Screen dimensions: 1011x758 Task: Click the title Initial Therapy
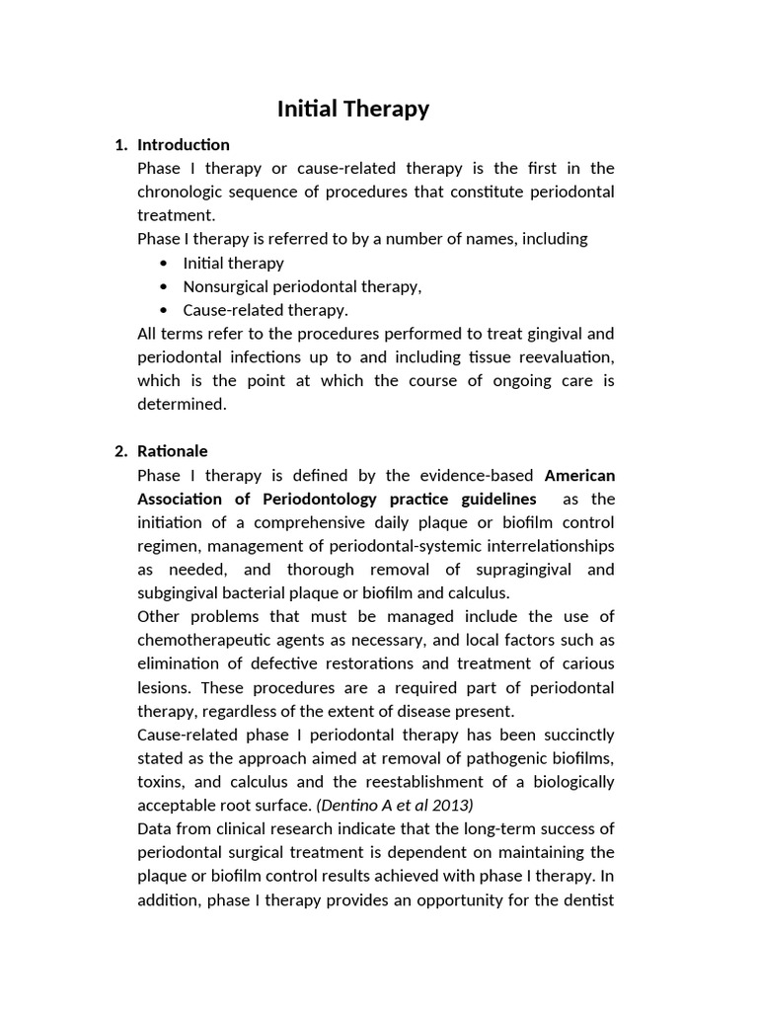coord(352,109)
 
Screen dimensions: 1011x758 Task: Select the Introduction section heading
coord(184,145)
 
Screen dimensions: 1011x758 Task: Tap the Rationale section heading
coord(173,451)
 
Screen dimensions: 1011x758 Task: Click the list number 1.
coord(120,145)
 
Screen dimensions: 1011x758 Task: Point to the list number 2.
coord(120,451)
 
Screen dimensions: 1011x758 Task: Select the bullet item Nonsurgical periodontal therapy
coord(302,286)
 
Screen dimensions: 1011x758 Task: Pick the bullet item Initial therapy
coord(233,263)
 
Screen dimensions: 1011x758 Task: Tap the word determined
coord(182,404)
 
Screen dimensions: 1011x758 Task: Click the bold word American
coord(579,475)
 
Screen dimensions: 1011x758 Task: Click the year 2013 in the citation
coord(454,805)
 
